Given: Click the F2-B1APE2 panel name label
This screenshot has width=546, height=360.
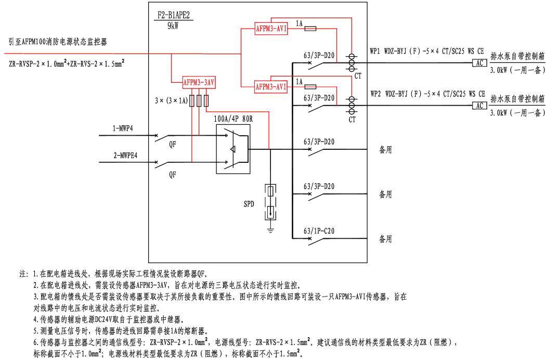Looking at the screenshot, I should click(x=175, y=16).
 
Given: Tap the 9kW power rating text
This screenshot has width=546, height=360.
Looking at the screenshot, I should click(x=174, y=25).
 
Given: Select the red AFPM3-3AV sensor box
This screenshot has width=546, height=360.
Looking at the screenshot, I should click(x=199, y=82).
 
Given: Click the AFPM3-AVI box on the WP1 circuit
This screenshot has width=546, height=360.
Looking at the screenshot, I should click(x=271, y=29).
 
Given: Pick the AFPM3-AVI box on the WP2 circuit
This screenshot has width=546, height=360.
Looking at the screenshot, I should click(x=271, y=86).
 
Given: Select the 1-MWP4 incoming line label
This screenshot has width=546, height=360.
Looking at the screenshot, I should click(x=123, y=128).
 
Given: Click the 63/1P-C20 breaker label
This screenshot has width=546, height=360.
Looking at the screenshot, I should click(x=318, y=230).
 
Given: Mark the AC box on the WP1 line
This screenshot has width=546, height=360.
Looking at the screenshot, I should click(x=479, y=63).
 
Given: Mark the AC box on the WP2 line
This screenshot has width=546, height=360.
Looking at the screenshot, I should click(x=479, y=106).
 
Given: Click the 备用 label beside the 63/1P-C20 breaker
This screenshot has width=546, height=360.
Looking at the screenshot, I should click(x=385, y=239).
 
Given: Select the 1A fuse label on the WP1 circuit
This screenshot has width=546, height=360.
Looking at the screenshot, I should click(x=300, y=23).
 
